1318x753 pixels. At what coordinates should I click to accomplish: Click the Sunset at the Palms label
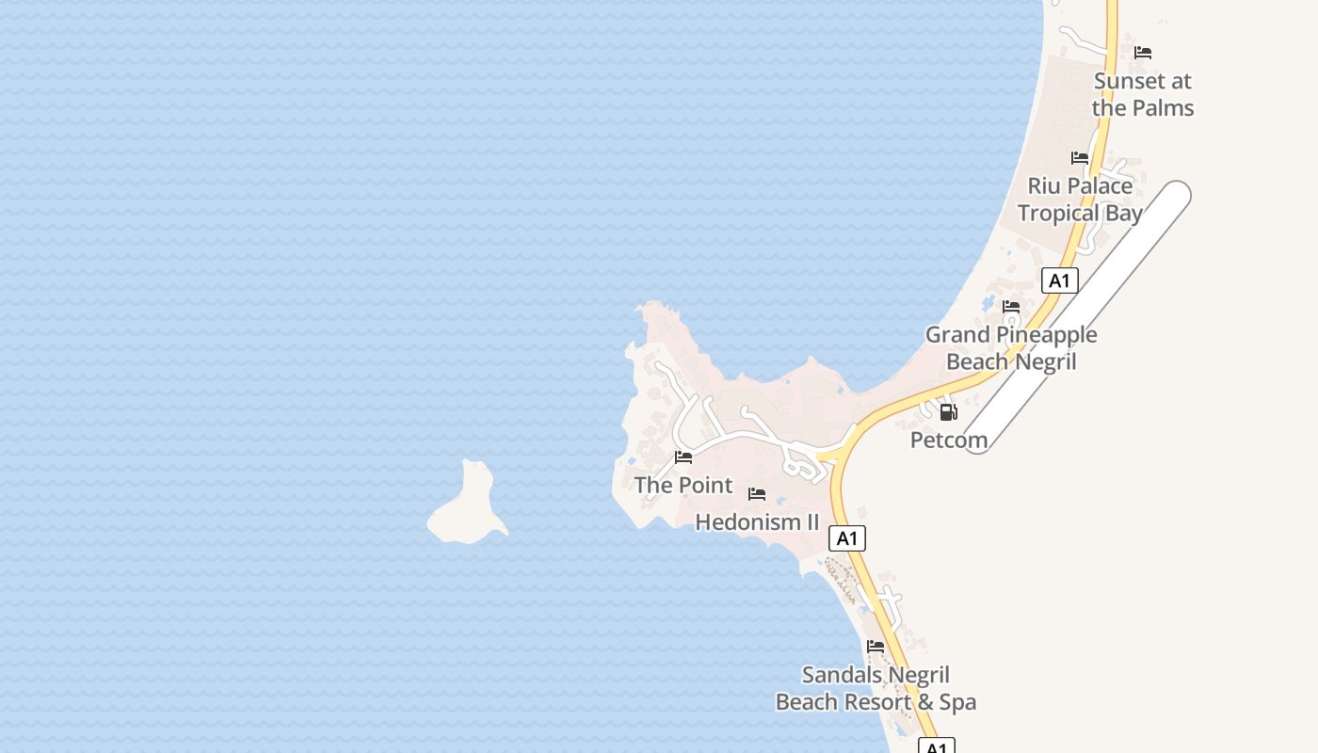point(1143,94)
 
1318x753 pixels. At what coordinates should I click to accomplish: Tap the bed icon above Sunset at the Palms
point(1143,53)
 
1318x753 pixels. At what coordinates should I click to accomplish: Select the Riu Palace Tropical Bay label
point(1080,200)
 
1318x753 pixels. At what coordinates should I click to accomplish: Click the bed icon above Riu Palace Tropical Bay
point(1080,158)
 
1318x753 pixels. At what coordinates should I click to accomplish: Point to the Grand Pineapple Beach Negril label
point(1011,348)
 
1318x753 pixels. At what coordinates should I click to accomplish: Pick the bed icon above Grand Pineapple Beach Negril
point(1011,307)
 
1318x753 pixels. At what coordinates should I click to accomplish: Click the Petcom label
point(949,440)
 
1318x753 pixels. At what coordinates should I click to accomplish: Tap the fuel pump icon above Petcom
point(949,411)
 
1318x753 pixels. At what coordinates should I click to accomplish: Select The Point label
point(683,485)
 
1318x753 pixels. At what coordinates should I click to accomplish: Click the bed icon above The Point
point(683,457)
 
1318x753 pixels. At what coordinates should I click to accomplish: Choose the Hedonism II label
point(757,521)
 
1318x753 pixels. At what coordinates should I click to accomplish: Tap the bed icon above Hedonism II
point(757,494)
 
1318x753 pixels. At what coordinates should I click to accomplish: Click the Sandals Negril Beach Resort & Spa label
point(876,688)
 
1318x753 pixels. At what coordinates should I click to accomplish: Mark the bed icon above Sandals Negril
point(876,647)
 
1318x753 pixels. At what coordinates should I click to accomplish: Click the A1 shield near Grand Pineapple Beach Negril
point(1060,280)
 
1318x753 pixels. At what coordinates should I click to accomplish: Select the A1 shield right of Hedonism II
point(847,538)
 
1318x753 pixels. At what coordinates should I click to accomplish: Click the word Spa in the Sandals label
point(957,702)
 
